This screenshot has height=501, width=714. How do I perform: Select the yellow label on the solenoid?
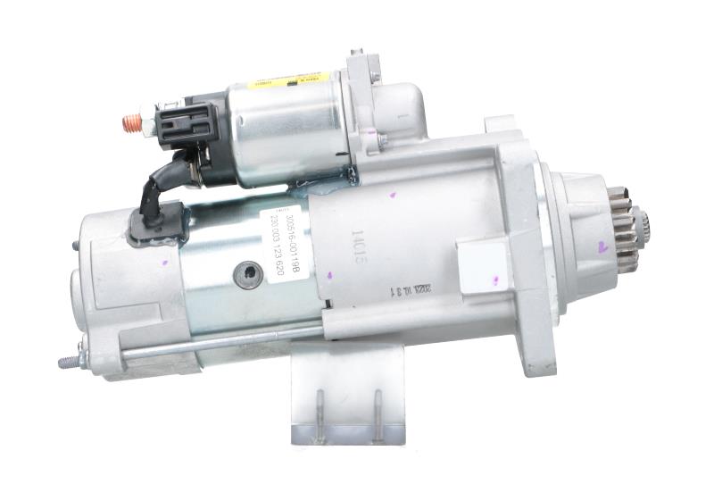286,80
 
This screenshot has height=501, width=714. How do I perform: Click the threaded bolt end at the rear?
68,362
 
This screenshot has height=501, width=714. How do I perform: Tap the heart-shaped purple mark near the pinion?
602,247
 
